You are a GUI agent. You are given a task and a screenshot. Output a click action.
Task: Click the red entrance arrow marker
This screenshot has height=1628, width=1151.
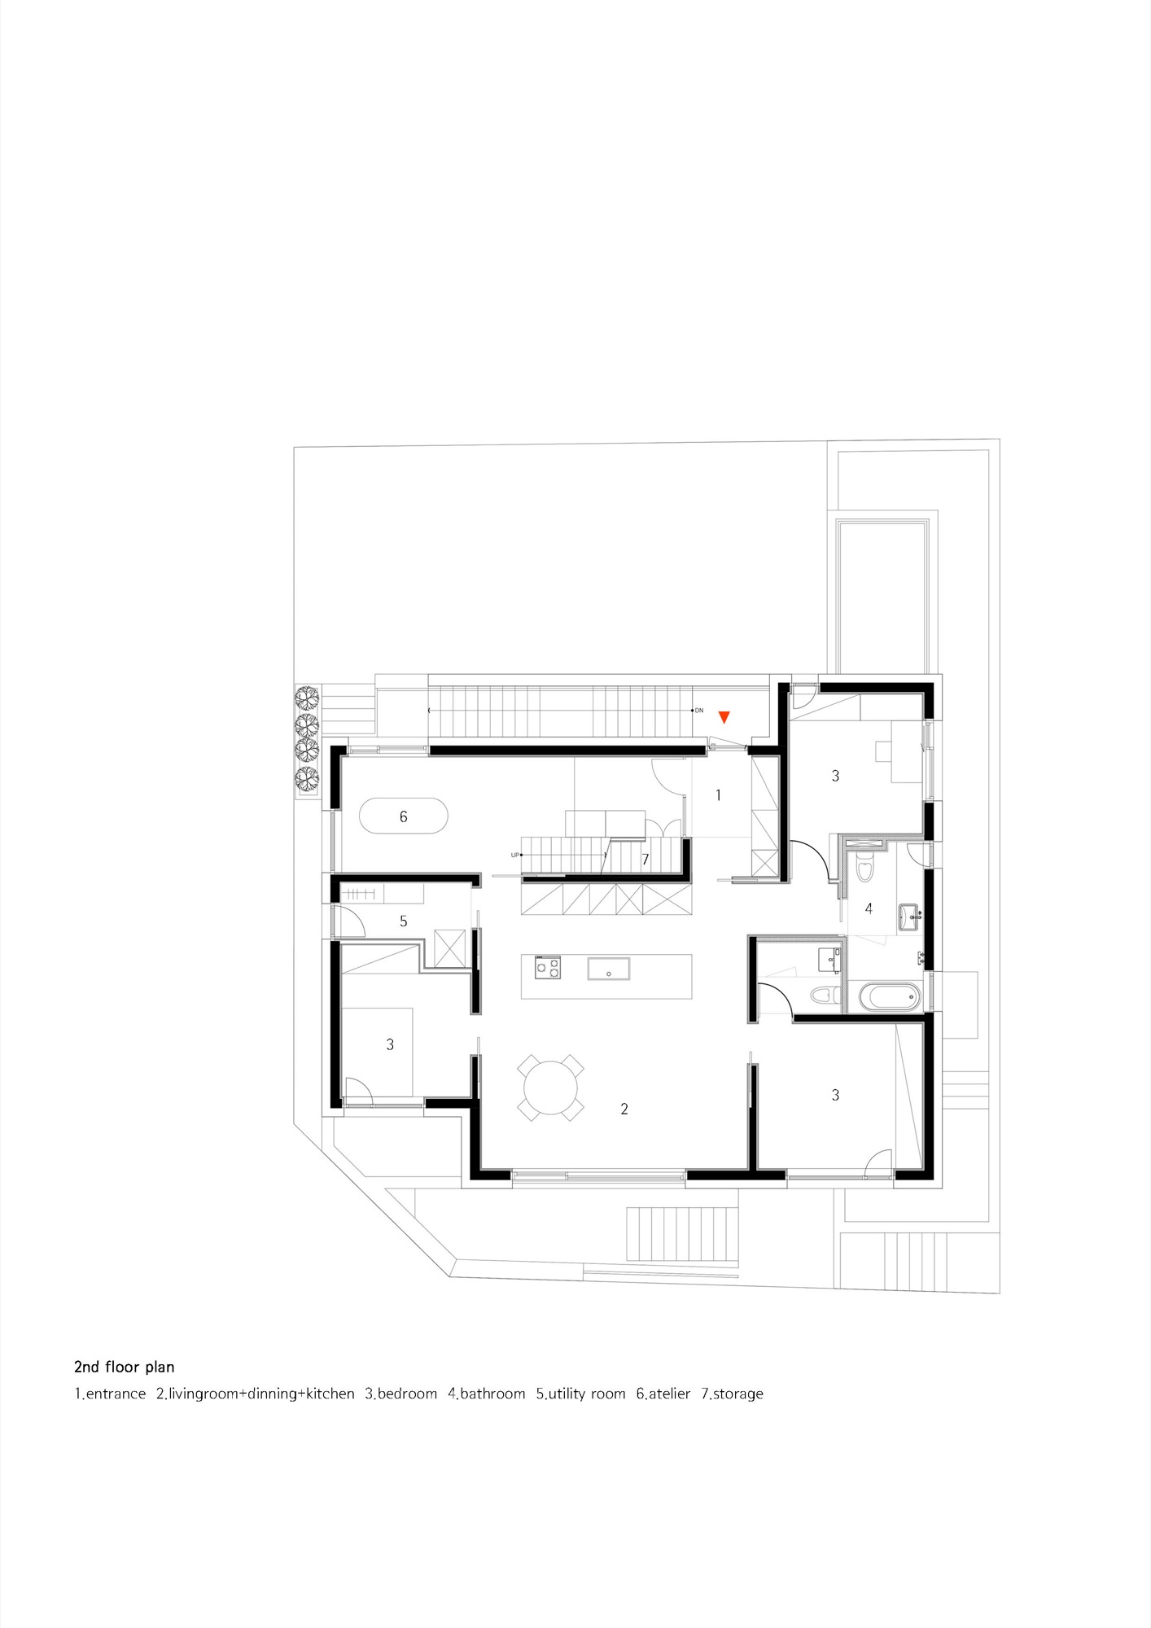pos(724,717)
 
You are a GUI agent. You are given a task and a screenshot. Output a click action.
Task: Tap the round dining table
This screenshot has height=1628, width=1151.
pos(551,1088)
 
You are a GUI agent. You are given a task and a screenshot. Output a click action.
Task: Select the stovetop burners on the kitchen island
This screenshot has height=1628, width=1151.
pos(548,967)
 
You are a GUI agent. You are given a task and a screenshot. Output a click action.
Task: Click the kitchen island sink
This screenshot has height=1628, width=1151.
pos(609,968)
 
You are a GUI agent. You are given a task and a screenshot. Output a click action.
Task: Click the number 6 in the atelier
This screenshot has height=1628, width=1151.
pos(403,816)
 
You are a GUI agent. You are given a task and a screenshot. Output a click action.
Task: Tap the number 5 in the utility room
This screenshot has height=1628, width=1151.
pos(403,921)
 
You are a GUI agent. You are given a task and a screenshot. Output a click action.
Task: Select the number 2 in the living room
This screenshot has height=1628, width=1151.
pos(624,1109)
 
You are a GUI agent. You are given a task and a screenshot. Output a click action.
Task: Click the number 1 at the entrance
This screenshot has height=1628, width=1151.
pos(718,794)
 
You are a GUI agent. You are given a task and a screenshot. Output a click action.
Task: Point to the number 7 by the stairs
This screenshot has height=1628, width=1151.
pos(646,860)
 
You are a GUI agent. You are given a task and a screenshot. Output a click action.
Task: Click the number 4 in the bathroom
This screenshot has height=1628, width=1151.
pos(869,908)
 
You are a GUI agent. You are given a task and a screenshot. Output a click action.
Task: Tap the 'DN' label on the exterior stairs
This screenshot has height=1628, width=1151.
pos(699,711)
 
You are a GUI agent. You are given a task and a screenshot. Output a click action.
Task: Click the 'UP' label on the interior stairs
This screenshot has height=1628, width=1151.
pos(514,855)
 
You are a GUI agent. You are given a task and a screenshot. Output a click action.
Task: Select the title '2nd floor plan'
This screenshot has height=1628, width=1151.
pos(125,1367)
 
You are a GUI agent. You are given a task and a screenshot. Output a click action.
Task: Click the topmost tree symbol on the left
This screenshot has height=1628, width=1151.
pos(306,698)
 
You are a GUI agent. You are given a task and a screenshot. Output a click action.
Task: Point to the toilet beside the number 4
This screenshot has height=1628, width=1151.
pos(864,871)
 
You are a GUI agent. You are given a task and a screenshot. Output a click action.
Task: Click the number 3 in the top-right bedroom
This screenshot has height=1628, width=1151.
pos(835,777)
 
